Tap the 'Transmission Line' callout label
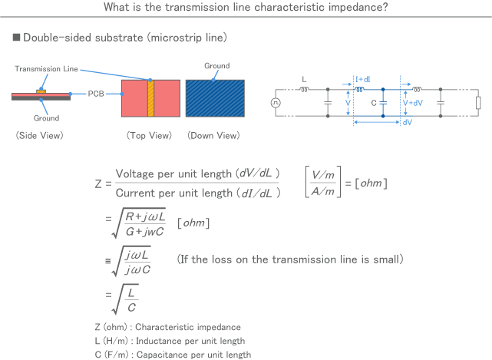pyautogui.click(x=44, y=68)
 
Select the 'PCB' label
pyautogui.click(x=95, y=93)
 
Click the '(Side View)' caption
pyautogui.click(x=39, y=135)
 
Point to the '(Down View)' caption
pyautogui.click(x=213, y=135)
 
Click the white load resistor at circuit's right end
pyautogui.click(x=477, y=103)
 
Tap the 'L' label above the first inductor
pyautogui.click(x=304, y=79)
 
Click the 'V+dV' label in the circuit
pyautogui.click(x=413, y=102)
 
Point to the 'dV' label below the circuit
pyautogui.click(x=407, y=123)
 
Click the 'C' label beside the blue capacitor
pyautogui.click(x=374, y=102)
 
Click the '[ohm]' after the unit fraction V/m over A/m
pyautogui.click(x=371, y=183)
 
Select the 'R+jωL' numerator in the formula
pyautogui.click(x=144, y=216)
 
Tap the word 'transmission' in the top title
pyautogui.click(x=213, y=8)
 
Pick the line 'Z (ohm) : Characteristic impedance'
pyautogui.click(x=167, y=327)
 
